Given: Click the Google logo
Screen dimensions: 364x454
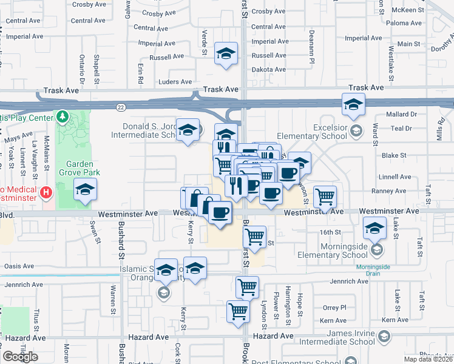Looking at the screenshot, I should [x=20, y=357].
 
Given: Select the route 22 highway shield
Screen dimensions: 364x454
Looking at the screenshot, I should [x=121, y=107].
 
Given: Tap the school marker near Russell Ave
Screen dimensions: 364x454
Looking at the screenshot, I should [x=226, y=53].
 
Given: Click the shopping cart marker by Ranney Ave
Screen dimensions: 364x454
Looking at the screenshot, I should [x=325, y=195].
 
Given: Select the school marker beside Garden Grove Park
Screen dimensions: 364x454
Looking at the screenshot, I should [x=85, y=190].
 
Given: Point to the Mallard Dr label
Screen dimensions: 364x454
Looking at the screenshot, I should [x=401, y=113].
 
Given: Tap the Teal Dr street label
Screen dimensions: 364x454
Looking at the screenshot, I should [x=402, y=128].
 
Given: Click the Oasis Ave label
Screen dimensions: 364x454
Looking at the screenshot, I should [x=19, y=266].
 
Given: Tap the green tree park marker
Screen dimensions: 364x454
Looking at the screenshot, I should [x=62, y=116].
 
